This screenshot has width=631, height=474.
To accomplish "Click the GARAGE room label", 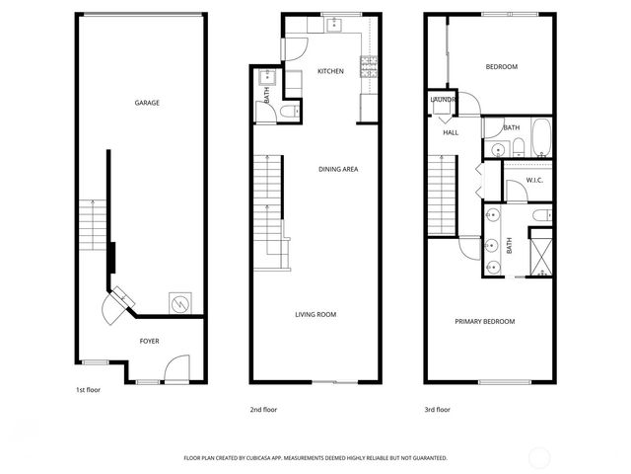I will coord(147,103).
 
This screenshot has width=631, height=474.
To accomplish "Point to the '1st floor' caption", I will coord(89,389).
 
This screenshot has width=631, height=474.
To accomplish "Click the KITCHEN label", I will coord(330,71).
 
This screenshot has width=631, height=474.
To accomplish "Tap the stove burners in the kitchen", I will coord(370,67).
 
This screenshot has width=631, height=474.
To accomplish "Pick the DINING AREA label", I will coord(337,169).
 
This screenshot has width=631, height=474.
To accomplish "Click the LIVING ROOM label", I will coord(315,315).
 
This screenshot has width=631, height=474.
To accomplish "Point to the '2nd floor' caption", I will coord(262,409).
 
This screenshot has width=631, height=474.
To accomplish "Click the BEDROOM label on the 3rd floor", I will coord(501,66).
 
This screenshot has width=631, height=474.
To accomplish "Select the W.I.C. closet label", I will coord(535,180).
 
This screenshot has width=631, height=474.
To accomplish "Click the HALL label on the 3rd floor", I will coord(451,132).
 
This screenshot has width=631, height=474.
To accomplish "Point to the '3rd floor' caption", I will coord(437,409).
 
